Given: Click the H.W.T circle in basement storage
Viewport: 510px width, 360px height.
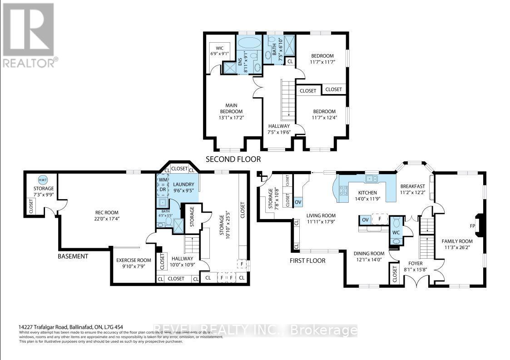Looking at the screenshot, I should click(x=43, y=179).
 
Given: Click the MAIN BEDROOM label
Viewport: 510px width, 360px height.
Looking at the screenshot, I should click(x=231, y=109).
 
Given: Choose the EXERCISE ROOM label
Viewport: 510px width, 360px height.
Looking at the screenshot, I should click(x=133, y=260).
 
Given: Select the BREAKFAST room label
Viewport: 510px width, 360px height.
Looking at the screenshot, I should click(x=412, y=186).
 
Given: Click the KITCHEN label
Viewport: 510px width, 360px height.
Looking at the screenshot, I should click(x=366, y=193).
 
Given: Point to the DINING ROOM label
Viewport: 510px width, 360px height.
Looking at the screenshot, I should click(x=369, y=254).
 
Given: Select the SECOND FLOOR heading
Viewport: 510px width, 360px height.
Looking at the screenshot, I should click(x=233, y=159).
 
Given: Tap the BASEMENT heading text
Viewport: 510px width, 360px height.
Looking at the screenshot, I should click(x=73, y=256).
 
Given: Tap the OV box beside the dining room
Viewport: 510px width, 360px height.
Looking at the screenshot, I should click(x=365, y=220).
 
